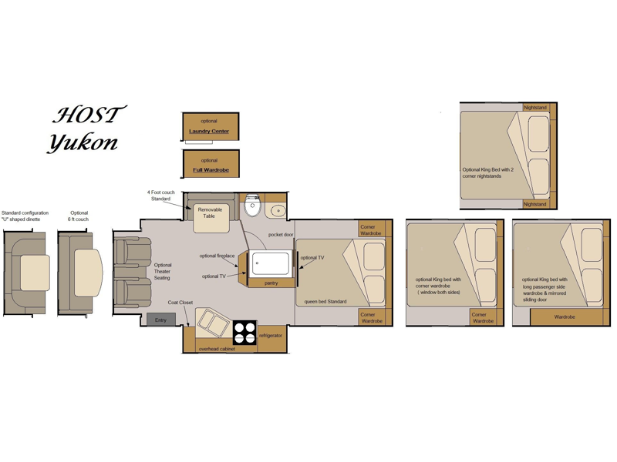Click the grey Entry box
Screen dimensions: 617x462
click(x=160, y=320)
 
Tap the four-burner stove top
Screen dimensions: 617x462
click(x=244, y=333)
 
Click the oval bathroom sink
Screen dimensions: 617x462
click(x=278, y=210)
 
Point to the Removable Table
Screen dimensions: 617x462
click(x=211, y=219)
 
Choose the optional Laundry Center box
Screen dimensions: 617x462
click(x=211, y=126)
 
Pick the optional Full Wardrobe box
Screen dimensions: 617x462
click(x=211, y=164)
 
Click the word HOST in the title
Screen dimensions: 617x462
click(x=89, y=115)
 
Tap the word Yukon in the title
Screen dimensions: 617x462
click(x=83, y=142)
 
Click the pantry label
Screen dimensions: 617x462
click(x=271, y=283)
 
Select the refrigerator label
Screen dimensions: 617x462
click(x=271, y=336)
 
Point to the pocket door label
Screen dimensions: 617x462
click(x=281, y=235)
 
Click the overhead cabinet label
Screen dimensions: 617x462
click(x=217, y=349)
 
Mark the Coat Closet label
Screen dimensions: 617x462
click(x=180, y=303)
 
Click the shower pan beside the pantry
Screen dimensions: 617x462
click(x=271, y=263)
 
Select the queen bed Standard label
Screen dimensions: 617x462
click(x=325, y=302)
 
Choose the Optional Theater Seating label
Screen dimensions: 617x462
click(x=162, y=272)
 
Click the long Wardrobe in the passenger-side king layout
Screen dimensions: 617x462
click(x=565, y=317)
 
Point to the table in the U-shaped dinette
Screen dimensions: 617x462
click(x=35, y=273)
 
